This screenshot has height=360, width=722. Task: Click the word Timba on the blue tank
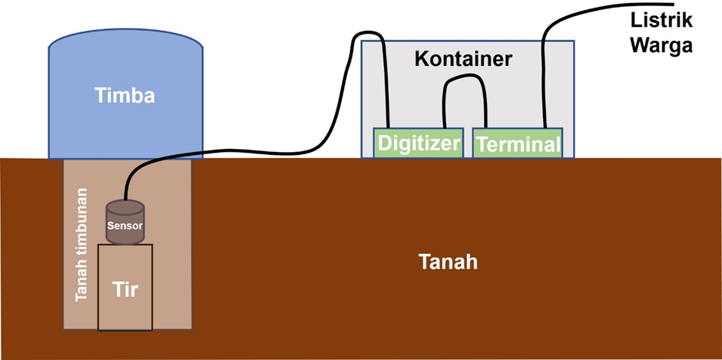click(124, 96)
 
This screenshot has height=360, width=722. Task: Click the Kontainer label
click(462, 58)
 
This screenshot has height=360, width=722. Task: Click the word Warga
click(661, 45)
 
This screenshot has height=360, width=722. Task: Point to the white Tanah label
click(449, 262)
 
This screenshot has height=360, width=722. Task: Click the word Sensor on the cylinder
click(124, 225)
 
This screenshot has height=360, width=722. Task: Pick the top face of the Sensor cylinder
click(124, 207)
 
